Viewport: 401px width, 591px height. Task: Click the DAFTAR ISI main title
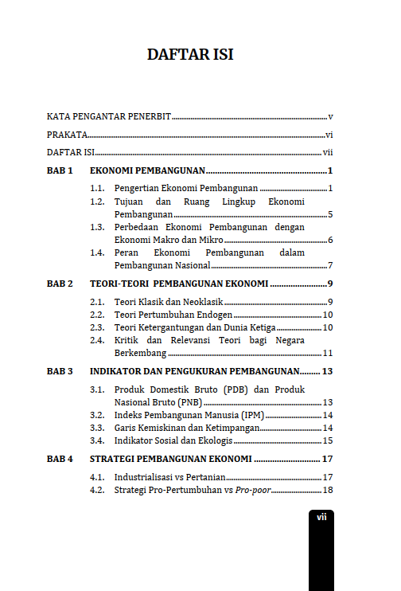(x=189, y=55)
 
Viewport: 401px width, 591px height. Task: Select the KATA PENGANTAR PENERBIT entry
(x=109, y=116)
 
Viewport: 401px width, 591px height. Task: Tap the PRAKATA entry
(x=67, y=135)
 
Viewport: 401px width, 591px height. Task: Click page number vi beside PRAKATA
(x=329, y=135)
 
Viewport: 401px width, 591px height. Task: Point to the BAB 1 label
(x=60, y=171)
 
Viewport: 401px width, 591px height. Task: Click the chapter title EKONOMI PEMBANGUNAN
(x=148, y=171)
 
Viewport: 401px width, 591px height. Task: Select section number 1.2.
(x=97, y=202)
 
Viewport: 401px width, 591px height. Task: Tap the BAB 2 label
(x=60, y=284)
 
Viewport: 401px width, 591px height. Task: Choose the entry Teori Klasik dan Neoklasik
(x=169, y=301)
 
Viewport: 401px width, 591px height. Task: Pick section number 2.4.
(x=97, y=340)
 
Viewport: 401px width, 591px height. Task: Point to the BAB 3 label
(x=60, y=371)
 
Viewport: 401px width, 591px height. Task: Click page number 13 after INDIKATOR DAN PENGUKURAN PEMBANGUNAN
(x=327, y=371)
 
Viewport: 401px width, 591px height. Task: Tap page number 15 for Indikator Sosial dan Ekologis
(x=327, y=440)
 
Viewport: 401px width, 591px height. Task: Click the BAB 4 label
(x=60, y=459)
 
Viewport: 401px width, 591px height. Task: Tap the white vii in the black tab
(x=321, y=517)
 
